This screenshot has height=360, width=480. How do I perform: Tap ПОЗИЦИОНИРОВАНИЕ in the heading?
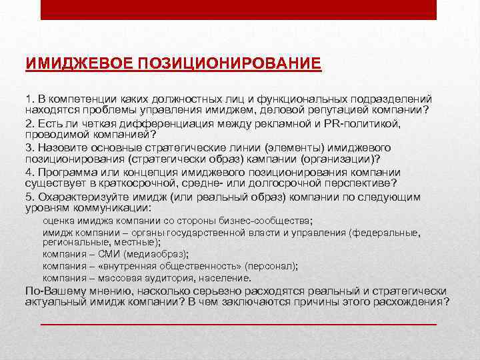231,64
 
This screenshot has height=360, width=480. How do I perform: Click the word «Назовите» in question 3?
62,147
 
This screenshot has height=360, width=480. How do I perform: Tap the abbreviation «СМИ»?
105,254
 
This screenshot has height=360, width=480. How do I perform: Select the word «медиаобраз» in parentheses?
153,254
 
